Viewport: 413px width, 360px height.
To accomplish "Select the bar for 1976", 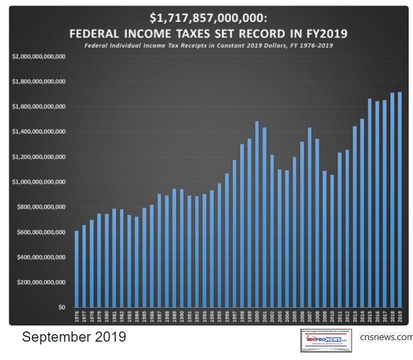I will point(76,269).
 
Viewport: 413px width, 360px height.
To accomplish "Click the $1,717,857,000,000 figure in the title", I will point(207,19).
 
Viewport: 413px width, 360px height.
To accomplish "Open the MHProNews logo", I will point(326,338).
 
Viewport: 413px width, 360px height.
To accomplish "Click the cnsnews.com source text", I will point(386,337).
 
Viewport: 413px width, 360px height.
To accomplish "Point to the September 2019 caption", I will point(74,337).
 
